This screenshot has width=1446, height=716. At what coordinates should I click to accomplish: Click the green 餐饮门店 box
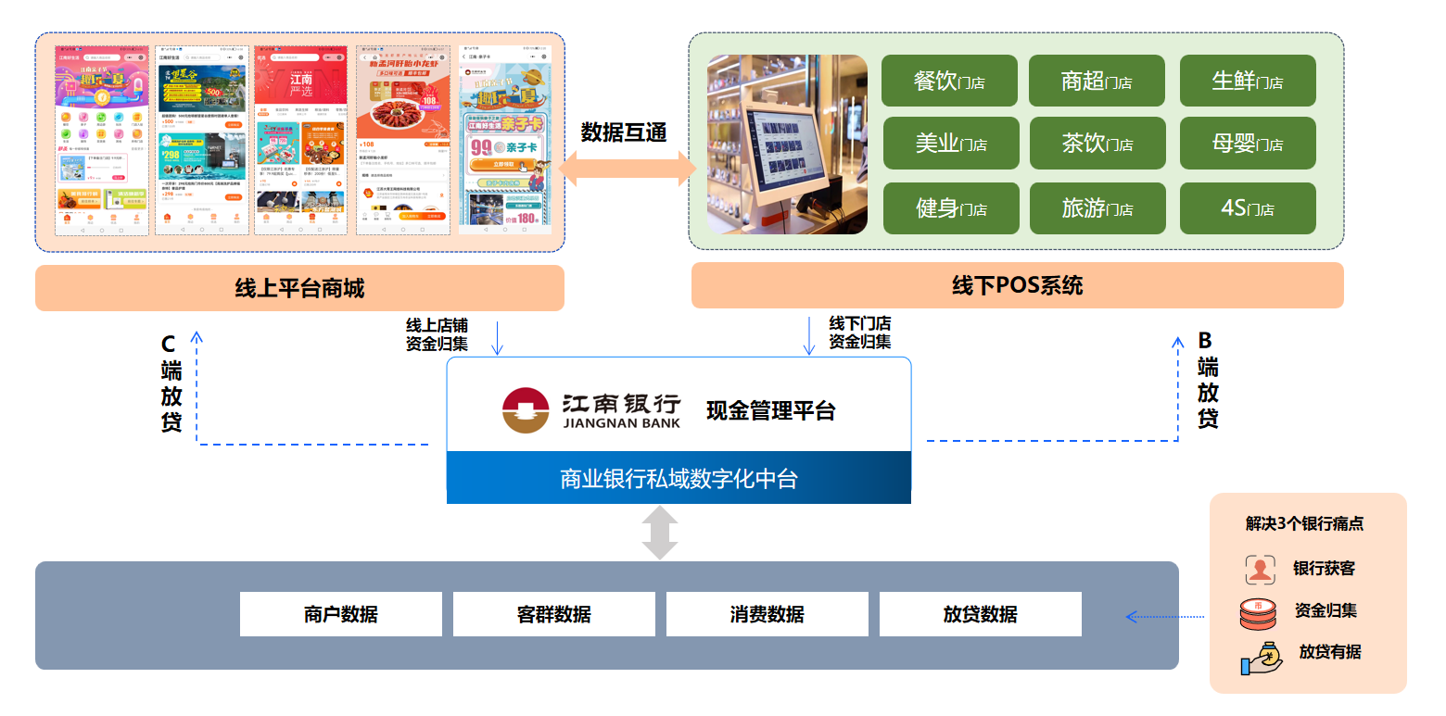click(x=949, y=82)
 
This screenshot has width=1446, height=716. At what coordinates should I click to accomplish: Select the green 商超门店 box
click(x=1097, y=82)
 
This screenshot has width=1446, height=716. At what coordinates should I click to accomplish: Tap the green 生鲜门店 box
click(x=1247, y=82)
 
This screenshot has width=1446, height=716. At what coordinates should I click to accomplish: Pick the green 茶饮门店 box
click(x=1097, y=144)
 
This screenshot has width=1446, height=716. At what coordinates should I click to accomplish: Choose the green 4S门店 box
click(x=1247, y=208)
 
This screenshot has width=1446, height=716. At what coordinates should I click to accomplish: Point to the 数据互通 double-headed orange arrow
click(x=627, y=170)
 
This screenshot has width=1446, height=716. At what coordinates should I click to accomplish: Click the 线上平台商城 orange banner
click(x=299, y=288)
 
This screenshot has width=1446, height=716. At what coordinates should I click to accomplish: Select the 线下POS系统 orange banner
click(x=1017, y=285)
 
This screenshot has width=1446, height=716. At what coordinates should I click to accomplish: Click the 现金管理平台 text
click(x=771, y=410)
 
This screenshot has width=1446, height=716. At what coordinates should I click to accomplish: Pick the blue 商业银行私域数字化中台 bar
click(x=679, y=478)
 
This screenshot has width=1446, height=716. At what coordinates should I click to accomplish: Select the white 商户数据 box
click(x=340, y=614)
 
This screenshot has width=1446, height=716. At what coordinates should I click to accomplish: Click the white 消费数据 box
click(x=767, y=614)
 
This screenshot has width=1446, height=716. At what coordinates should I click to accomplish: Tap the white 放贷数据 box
click(x=980, y=614)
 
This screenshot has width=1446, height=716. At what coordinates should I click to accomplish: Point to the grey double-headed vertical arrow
click(x=660, y=533)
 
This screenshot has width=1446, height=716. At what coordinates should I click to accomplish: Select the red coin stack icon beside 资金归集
click(x=1258, y=612)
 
